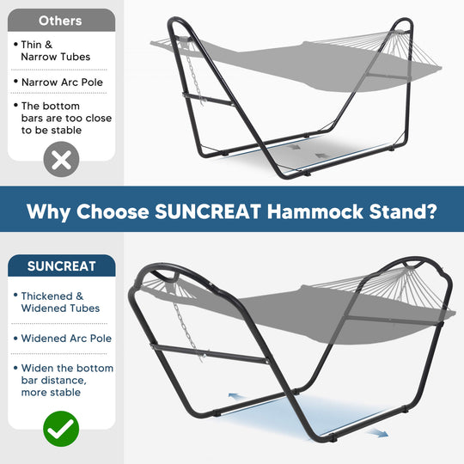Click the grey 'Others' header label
pos(61,21)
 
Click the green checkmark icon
pos(61,426)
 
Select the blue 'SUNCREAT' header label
pos(61,266)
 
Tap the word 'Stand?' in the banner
pos(406,211)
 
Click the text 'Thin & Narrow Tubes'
pos(56,50)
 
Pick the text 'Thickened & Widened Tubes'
pos(60,302)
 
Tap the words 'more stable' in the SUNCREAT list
pos(53,393)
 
